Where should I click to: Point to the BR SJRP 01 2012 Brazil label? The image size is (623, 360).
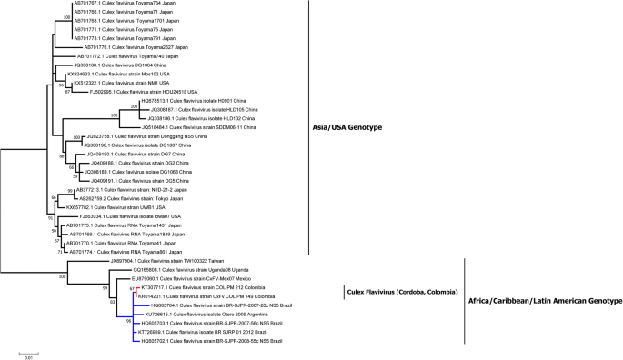[x=201, y=330]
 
